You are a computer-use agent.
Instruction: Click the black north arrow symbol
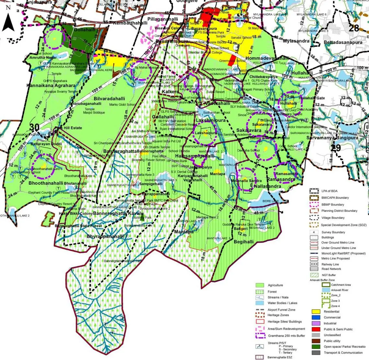[8, 20]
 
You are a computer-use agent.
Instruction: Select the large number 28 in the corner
[354, 28]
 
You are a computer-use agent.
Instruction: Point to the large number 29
[336, 148]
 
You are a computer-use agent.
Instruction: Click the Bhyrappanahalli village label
[105, 236]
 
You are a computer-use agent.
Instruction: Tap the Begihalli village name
[243, 242]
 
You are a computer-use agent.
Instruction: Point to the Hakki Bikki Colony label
[76, 213]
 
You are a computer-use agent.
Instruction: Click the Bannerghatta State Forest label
[78, 226]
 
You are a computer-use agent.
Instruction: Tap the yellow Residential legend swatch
[316, 312]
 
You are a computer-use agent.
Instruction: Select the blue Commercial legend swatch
[316, 318]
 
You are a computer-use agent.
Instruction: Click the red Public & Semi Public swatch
[316, 329]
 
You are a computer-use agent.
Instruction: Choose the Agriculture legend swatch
[260, 285]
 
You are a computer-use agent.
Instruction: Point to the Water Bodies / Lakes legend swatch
[260, 303]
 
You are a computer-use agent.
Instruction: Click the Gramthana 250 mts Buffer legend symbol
[260, 336]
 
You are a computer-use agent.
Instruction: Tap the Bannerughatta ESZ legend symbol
[260, 357]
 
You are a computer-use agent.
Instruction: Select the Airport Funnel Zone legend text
[281, 310]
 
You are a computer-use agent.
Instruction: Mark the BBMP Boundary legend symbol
[314, 204]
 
